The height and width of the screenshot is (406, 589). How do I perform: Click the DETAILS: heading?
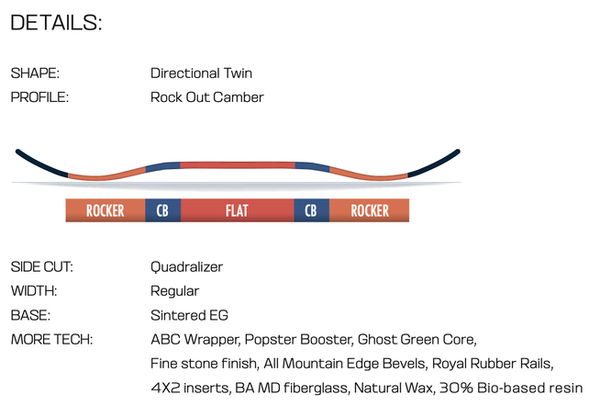click(x=56, y=23)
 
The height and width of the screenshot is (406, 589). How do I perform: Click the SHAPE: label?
click(x=35, y=73)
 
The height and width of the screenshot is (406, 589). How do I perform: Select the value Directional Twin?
click(x=201, y=73)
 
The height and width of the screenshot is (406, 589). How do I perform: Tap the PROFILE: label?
click(x=39, y=96)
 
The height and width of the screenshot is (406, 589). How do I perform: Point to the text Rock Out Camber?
click(x=206, y=96)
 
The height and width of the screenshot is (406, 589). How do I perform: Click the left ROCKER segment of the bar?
click(x=105, y=210)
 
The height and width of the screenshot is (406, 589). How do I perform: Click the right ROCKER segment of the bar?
click(x=369, y=210)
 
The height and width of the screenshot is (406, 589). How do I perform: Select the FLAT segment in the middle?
click(x=237, y=210)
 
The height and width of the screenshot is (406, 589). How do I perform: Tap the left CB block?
click(x=162, y=210)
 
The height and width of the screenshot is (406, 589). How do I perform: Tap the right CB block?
click(x=311, y=210)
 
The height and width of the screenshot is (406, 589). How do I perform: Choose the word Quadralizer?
click(x=186, y=267)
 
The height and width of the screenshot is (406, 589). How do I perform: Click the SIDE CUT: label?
click(x=41, y=267)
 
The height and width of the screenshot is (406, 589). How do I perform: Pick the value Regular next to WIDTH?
click(x=174, y=291)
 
